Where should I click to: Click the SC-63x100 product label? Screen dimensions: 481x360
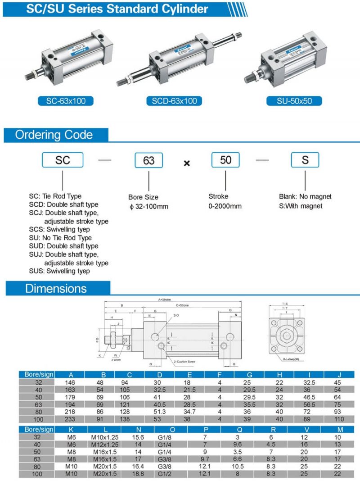[x=65, y=101]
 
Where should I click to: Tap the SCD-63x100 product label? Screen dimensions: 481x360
[x=173, y=101]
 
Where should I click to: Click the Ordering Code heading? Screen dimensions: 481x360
[x=54, y=135]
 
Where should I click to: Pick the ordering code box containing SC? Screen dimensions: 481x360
[x=63, y=160]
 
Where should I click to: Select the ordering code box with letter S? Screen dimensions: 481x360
[x=305, y=160]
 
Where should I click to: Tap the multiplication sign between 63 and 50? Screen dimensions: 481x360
[x=187, y=163]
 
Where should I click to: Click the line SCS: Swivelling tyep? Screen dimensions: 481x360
[x=59, y=229]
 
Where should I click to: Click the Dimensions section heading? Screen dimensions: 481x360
[x=56, y=288]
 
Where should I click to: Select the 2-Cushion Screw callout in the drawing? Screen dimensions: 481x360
[x=184, y=361]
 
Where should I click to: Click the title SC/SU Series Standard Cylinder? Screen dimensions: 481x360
[x=117, y=9]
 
